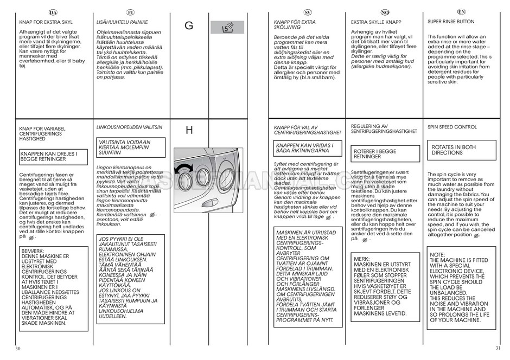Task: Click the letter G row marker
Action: tap(189, 25)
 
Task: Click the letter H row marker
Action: tap(189, 130)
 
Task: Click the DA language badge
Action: tap(53, 12)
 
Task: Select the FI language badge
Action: tap(130, 12)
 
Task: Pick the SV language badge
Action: tap(307, 12)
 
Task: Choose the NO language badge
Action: tap(385, 12)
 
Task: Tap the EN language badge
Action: tap(461, 11)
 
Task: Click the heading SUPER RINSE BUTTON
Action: tap(450, 22)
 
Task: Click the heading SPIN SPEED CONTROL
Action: tap(451, 127)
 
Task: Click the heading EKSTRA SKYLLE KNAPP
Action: tap(376, 22)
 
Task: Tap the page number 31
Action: tap(498, 348)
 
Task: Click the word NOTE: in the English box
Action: tap(437, 254)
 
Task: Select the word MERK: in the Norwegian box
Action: tap(361, 259)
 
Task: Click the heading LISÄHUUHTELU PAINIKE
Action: tap(122, 22)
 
